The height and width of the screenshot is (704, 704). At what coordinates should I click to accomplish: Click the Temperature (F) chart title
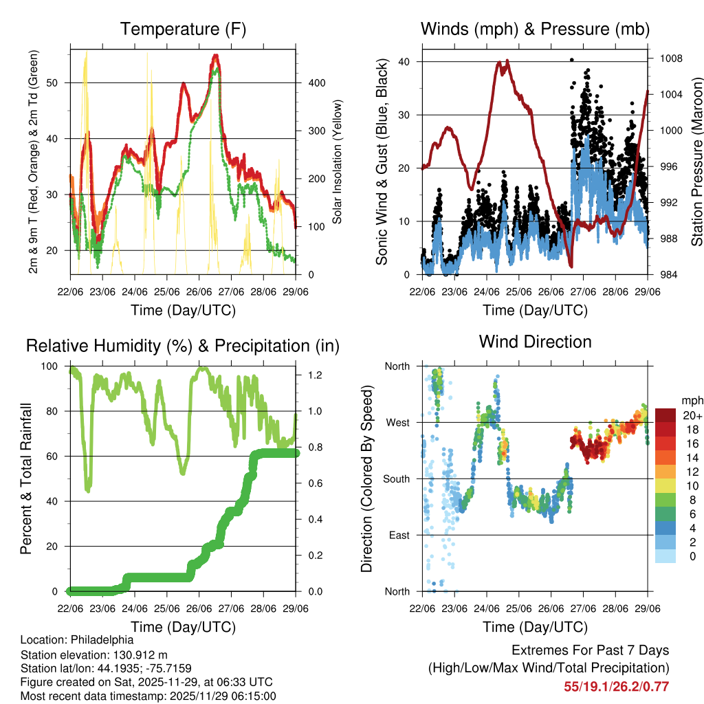click(x=183, y=29)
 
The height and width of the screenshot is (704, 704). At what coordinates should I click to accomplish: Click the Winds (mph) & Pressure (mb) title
click(x=535, y=29)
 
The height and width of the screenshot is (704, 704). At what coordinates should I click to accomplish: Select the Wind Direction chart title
click(x=535, y=341)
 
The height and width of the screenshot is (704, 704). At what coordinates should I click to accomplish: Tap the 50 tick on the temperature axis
click(x=58, y=82)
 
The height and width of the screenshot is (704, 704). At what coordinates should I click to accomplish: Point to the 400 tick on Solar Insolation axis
click(x=316, y=82)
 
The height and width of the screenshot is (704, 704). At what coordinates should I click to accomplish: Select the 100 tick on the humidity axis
click(x=55, y=366)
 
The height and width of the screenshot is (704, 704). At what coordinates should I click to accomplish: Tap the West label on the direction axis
click(x=398, y=423)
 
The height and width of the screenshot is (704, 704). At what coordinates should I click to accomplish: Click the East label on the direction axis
click(x=399, y=536)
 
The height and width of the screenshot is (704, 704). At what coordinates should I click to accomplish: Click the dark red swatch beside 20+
click(x=666, y=415)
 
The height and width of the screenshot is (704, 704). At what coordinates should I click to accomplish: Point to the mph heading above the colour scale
click(x=692, y=399)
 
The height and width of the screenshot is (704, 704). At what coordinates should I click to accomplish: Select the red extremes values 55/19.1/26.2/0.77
click(x=616, y=686)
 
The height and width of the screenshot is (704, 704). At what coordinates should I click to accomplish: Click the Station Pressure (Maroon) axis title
click(x=696, y=162)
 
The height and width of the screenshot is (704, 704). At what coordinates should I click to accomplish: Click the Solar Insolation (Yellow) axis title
click(x=338, y=162)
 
